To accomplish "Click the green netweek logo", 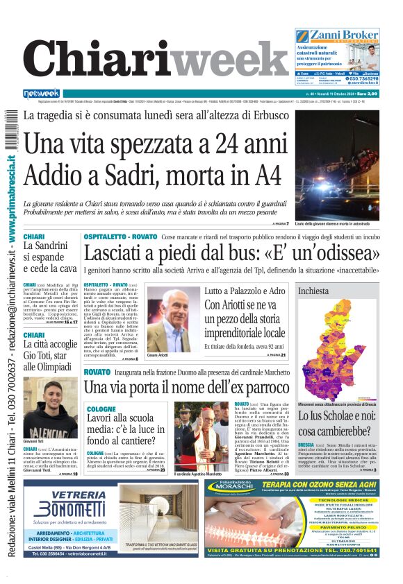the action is pos(42,94).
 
